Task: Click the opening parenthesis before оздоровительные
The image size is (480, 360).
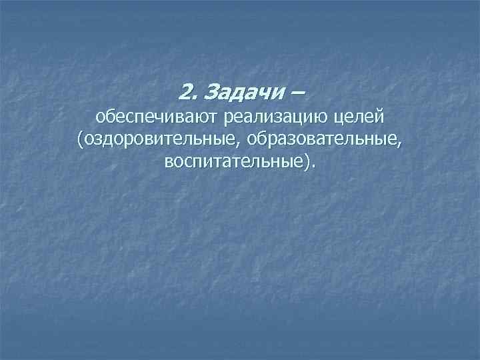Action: click(80, 140)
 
